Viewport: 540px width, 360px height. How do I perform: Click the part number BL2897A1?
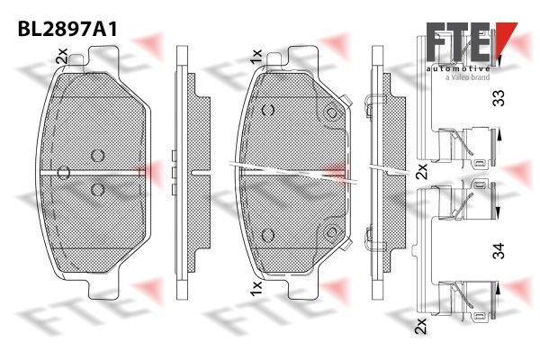click(67, 30)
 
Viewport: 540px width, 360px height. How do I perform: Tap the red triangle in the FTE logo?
click(505, 36)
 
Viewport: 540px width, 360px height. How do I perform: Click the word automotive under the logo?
click(458, 68)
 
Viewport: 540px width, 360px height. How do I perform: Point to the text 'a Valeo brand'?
click(467, 77)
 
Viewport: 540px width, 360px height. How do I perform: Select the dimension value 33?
click(499, 98)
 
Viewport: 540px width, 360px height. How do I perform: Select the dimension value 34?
click(499, 250)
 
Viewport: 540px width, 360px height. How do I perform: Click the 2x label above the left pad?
click(61, 56)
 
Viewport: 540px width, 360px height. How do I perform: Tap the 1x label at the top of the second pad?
click(256, 56)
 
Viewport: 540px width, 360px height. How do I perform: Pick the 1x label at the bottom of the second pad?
click(256, 288)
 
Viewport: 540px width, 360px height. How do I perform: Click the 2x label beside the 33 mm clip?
click(421, 171)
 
